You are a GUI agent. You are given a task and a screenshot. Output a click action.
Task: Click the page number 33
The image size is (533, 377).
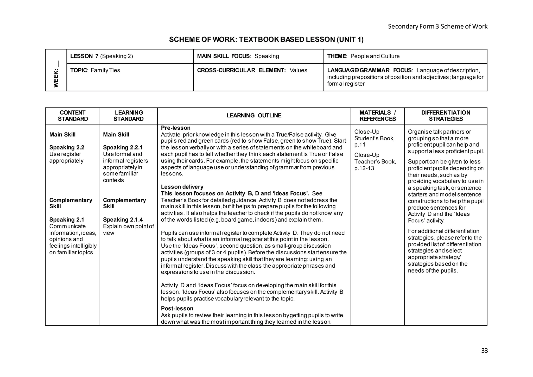[x=484, y=351]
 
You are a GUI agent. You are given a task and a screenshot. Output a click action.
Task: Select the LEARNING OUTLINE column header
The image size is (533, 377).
[x=254, y=116]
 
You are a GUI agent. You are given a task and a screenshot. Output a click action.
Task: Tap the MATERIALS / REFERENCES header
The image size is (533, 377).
[x=377, y=116]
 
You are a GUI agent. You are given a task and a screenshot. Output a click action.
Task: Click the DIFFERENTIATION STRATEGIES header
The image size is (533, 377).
[x=446, y=116]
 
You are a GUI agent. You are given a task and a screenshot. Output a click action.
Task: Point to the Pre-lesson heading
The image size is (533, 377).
[x=176, y=128]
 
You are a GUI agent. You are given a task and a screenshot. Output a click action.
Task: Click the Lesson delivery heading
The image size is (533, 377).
[x=182, y=187]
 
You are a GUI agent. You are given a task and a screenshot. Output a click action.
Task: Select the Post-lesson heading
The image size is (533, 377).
[x=177, y=309]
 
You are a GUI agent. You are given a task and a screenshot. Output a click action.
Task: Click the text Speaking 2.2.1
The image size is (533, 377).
[x=123, y=147]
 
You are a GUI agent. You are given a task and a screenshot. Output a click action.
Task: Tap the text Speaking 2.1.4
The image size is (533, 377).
[x=123, y=219]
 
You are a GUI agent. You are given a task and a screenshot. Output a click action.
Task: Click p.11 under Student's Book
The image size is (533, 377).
[x=360, y=145]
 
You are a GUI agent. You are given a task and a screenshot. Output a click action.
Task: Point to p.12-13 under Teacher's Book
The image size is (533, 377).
[x=364, y=168]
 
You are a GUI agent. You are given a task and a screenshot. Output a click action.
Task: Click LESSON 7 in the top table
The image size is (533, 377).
[x=84, y=56]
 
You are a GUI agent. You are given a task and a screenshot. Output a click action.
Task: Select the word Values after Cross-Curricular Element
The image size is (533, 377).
[x=298, y=70]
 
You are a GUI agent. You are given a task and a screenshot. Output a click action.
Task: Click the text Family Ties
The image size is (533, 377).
[x=105, y=70]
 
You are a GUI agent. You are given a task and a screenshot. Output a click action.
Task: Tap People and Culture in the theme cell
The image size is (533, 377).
[x=375, y=56]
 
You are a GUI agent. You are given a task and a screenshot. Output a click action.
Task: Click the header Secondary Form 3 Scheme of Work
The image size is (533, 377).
[x=437, y=26]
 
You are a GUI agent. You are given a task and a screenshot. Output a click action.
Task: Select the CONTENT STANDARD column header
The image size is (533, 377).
[x=73, y=116]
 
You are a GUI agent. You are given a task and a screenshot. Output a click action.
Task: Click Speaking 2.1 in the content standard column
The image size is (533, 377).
[x=67, y=219]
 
